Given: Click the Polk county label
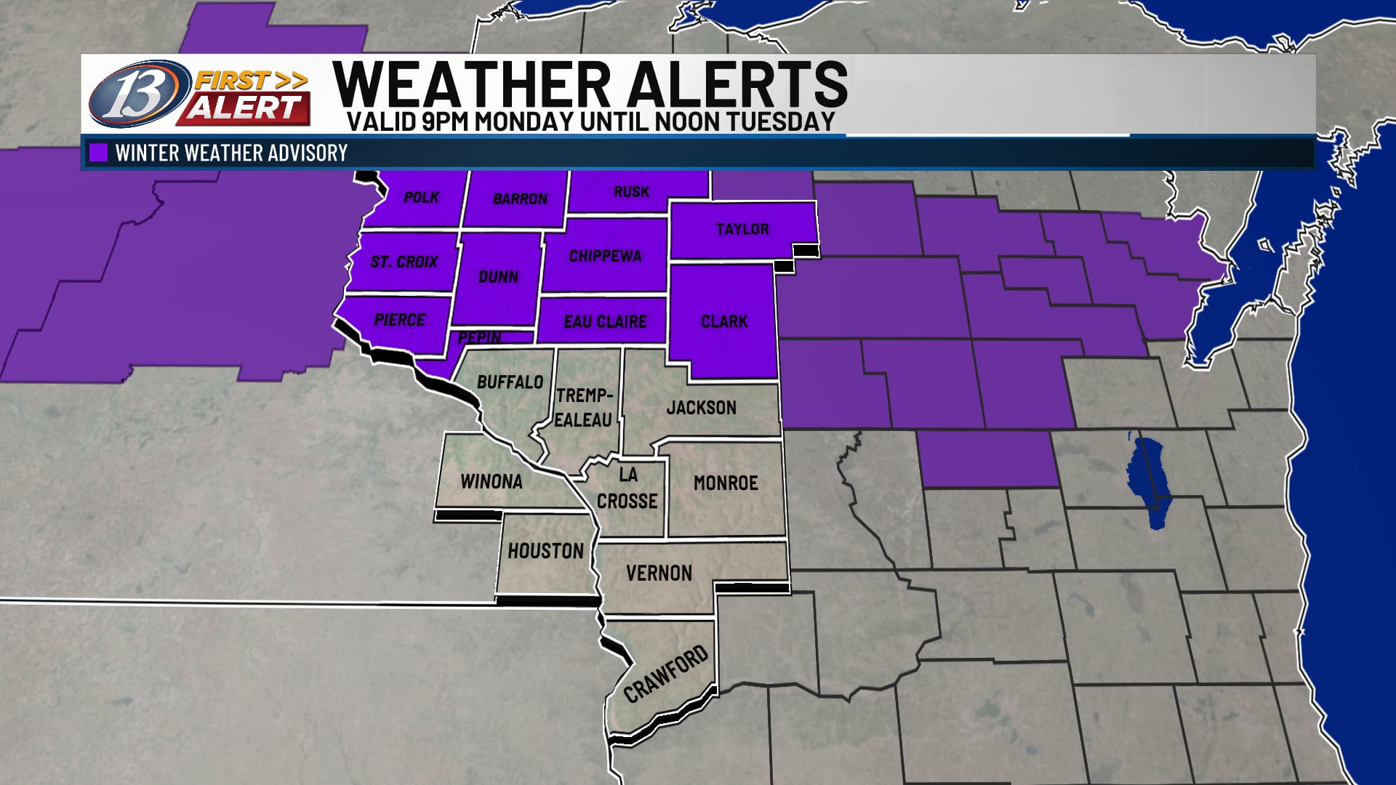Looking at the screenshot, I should pyautogui.click(x=421, y=197).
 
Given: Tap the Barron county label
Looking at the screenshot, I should pyautogui.click(x=520, y=198).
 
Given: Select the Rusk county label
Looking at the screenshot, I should pyautogui.click(x=631, y=192).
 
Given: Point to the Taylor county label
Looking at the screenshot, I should pyautogui.click(x=742, y=230).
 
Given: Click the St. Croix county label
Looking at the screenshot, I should pyautogui.click(x=404, y=262).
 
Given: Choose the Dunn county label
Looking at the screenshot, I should pyautogui.click(x=498, y=277).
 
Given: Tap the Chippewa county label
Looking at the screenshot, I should pyautogui.click(x=605, y=256).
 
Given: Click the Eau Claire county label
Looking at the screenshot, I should pyautogui.click(x=605, y=321).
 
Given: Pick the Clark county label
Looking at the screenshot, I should pyautogui.click(x=724, y=321).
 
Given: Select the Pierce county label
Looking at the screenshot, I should pyautogui.click(x=399, y=320).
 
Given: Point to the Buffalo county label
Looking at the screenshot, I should pyautogui.click(x=510, y=382).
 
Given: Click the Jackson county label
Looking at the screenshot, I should pyautogui.click(x=701, y=408).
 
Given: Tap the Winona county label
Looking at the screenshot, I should pyautogui.click(x=491, y=482).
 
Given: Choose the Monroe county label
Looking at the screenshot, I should pyautogui.click(x=726, y=483).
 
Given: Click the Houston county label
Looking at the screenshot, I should pyautogui.click(x=545, y=552).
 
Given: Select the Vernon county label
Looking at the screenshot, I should pyautogui.click(x=659, y=573).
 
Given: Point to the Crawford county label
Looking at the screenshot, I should pyautogui.click(x=665, y=674).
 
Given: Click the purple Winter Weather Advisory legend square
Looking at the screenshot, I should pyautogui.click(x=97, y=153).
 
